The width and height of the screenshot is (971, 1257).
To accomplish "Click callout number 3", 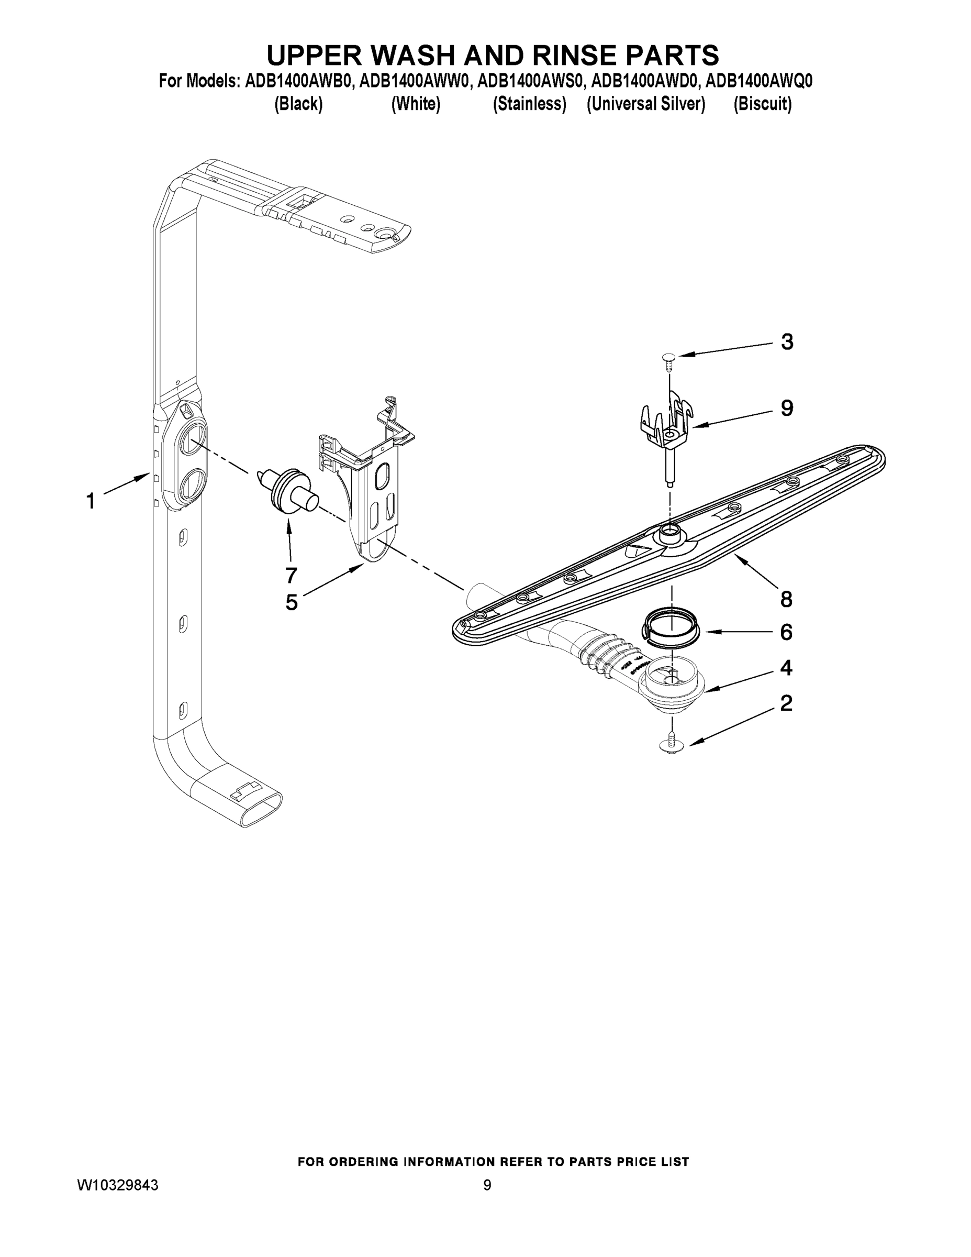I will click(x=787, y=342).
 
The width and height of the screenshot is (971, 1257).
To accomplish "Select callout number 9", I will click(x=787, y=408).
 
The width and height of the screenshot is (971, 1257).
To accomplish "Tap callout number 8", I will click(x=786, y=599).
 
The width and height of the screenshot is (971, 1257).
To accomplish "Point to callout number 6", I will click(x=786, y=633).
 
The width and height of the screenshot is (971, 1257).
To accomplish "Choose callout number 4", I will click(x=786, y=668).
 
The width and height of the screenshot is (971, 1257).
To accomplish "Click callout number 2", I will click(x=786, y=703).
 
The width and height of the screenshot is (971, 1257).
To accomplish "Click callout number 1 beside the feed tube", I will click(x=91, y=501).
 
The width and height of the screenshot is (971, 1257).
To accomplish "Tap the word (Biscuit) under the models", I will click(x=762, y=104).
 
